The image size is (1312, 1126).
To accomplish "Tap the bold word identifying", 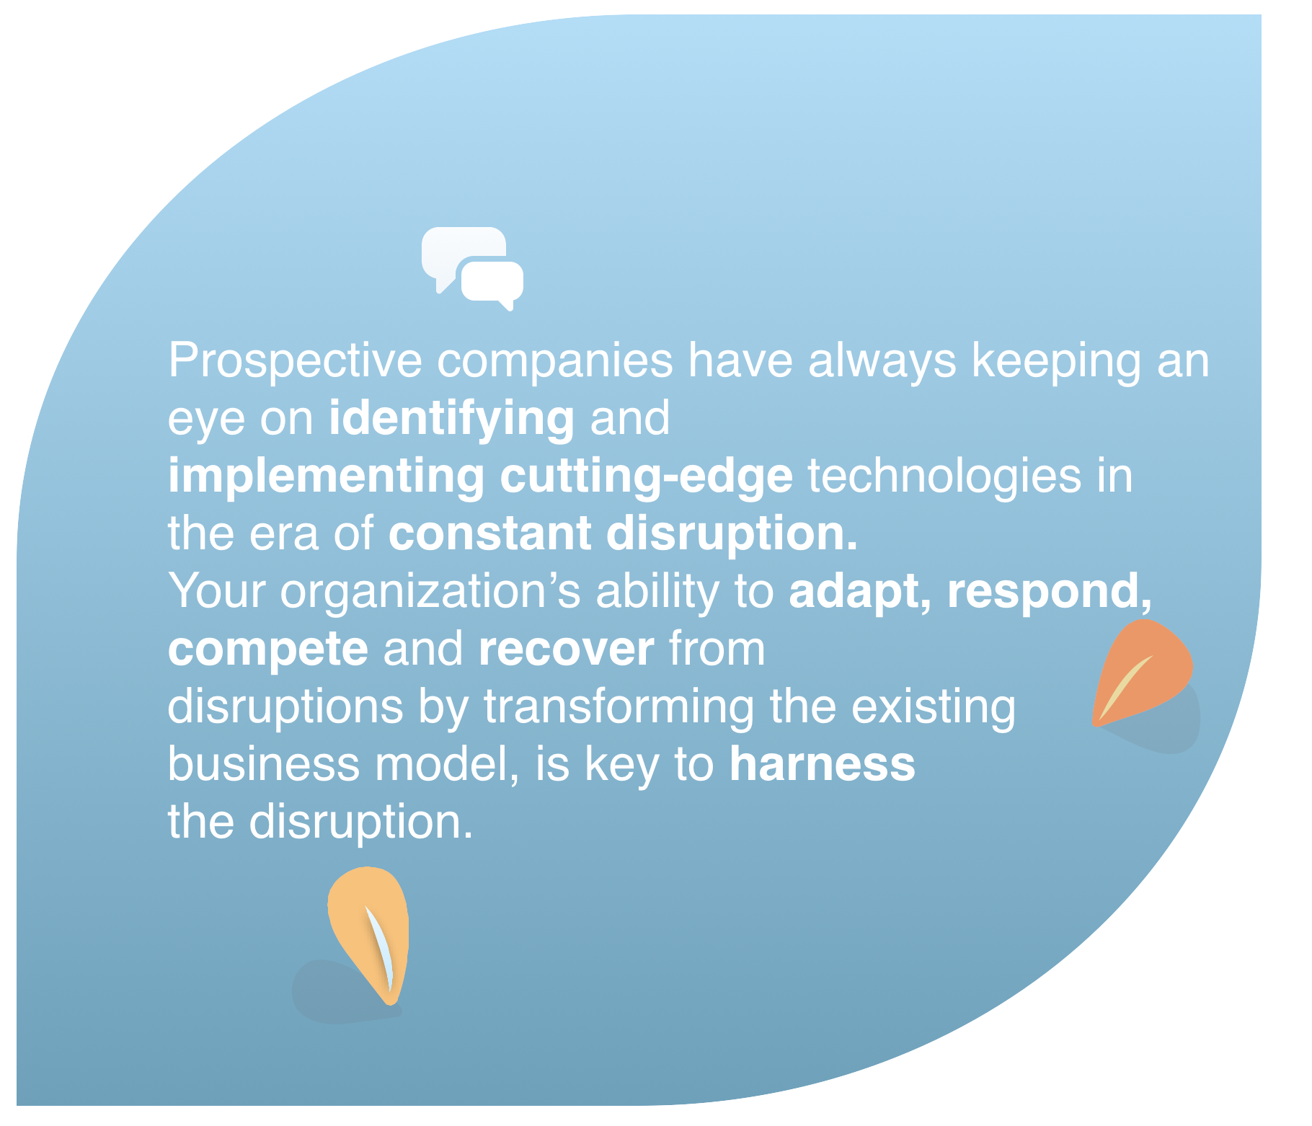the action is click(x=452, y=420).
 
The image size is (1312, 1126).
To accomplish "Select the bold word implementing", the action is click(x=327, y=477).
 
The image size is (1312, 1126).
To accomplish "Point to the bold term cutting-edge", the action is click(x=647, y=477).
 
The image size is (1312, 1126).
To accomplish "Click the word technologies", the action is click(x=944, y=477).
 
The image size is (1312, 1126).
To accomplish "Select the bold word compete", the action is click(x=268, y=650).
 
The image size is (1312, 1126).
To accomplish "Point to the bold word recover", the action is click(x=567, y=650).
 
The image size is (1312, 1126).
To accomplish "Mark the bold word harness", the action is click(x=823, y=764).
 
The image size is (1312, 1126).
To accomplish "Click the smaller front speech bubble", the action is click(x=492, y=283).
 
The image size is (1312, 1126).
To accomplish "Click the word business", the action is click(x=264, y=764).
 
